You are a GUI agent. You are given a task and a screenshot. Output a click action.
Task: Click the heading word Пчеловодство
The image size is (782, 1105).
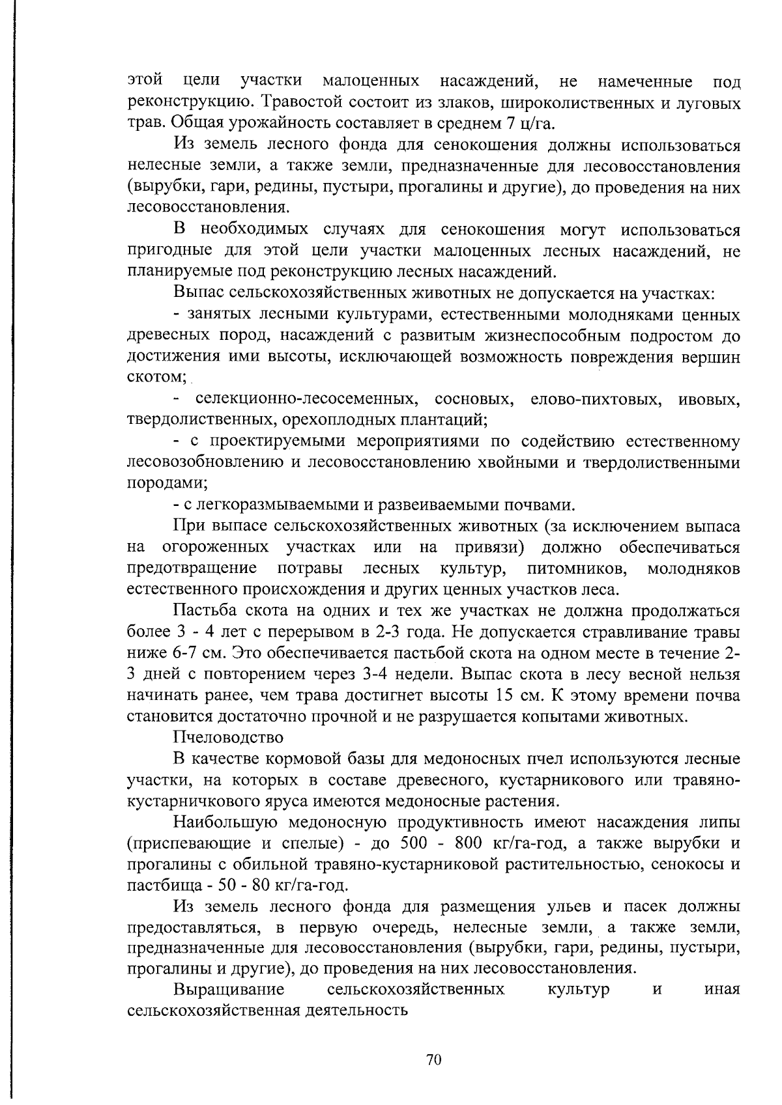(228, 737)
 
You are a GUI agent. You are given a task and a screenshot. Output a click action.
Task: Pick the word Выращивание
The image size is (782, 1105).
(229, 989)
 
